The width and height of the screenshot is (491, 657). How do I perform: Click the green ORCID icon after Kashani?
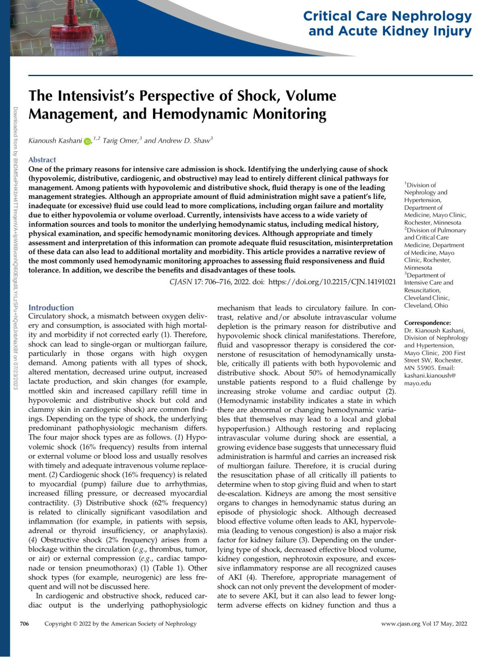click(88, 142)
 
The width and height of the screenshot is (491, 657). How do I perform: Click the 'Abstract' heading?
click(42, 160)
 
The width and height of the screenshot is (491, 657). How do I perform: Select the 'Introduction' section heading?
click(51, 308)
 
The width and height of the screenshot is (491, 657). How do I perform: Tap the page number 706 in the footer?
click(25, 624)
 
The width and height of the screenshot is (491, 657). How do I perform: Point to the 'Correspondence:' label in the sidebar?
click(427, 323)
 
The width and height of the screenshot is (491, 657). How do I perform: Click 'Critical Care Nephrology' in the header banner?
click(387, 16)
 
